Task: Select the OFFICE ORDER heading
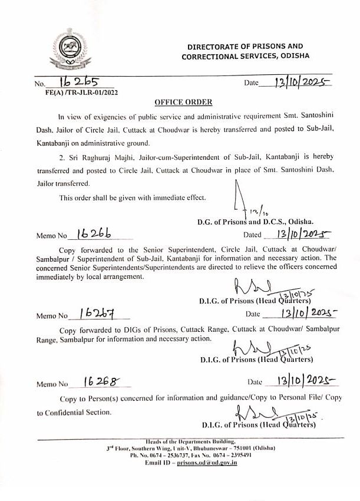click(x=180, y=102)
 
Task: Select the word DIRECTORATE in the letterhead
click(x=215, y=47)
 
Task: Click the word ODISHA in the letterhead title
click(x=293, y=56)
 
